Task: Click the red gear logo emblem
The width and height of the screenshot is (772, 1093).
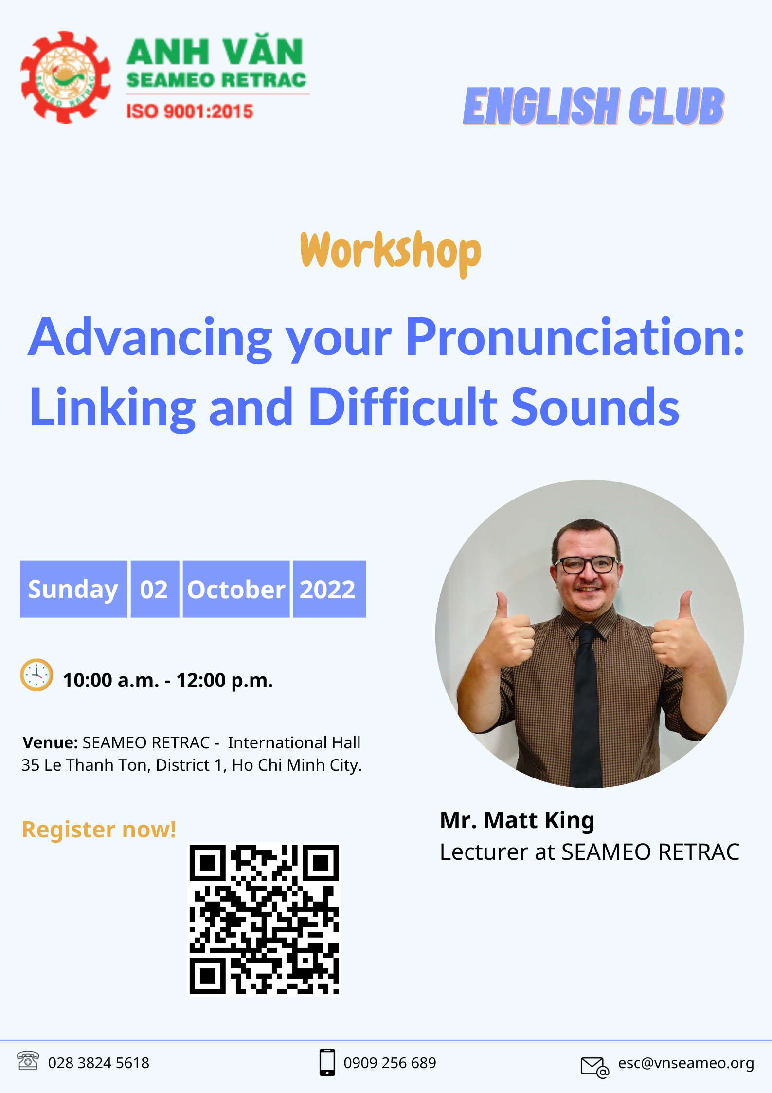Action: coord(66,77)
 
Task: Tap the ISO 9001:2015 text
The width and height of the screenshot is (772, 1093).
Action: coord(190,111)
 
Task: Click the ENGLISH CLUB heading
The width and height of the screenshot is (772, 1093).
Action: coord(594,106)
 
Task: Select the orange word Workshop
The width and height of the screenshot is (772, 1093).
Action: coord(391,253)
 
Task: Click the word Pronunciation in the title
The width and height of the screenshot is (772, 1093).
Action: coord(575,338)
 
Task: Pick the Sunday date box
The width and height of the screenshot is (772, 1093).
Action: coord(73,589)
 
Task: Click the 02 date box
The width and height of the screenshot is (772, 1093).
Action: coord(155,589)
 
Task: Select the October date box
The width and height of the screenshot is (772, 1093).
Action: coord(236,589)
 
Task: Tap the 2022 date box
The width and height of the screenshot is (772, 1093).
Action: coord(329,589)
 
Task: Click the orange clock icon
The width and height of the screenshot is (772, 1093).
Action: coord(36,675)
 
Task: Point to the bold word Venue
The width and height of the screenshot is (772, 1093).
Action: coord(50,743)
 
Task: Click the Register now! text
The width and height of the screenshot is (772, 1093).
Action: coord(99,830)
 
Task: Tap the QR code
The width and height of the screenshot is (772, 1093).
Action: coord(264,919)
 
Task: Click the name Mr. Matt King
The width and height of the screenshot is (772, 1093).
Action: coord(517,820)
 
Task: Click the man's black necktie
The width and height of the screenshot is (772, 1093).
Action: coord(586,706)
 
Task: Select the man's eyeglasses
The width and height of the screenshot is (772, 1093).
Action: coord(586,565)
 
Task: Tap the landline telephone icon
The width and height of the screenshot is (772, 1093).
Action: coord(28,1061)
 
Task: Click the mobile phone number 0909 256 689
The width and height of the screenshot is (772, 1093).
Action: coord(390,1063)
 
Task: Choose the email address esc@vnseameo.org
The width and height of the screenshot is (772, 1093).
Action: coord(686,1063)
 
